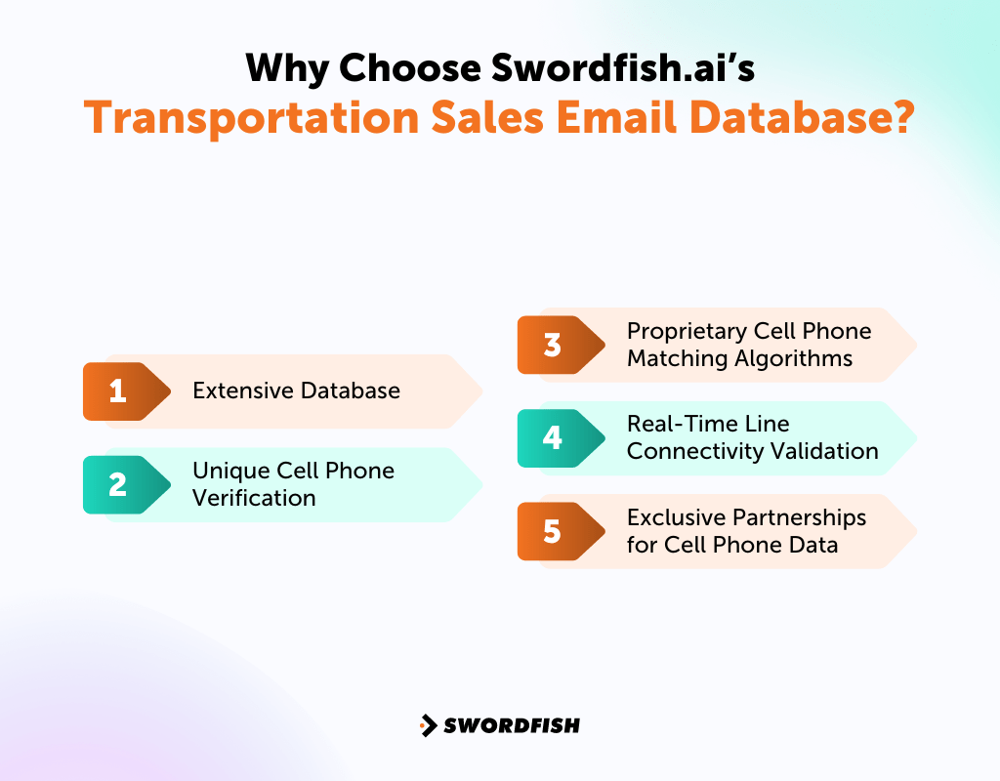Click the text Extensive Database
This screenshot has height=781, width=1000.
coord(296,391)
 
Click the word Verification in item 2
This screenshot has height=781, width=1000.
coord(254,498)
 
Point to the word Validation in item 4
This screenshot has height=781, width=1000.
coord(828,451)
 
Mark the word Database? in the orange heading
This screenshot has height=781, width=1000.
coord(817,117)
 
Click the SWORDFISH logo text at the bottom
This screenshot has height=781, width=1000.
coord(512,725)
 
